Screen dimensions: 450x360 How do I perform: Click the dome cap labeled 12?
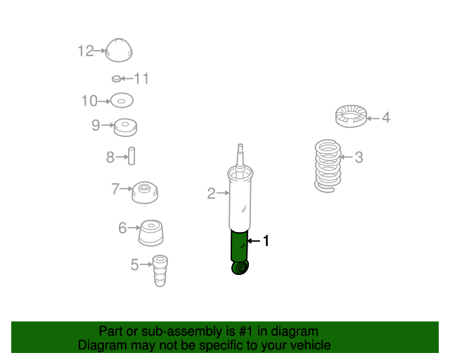tap(119, 50)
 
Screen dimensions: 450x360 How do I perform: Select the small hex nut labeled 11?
tap(116, 79)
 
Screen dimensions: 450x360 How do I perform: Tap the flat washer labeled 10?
tap(122, 101)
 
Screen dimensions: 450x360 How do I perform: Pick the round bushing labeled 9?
tap(125, 127)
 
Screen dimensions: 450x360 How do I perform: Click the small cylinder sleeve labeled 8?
tap(131, 156)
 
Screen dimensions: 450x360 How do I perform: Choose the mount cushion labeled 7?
tap(145, 193)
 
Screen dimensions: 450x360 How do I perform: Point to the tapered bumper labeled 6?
tap(151, 233)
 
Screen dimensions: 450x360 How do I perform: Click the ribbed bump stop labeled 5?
tap(160, 271)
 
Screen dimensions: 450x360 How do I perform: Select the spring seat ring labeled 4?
tap(352, 116)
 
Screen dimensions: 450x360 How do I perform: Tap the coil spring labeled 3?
tap(328, 166)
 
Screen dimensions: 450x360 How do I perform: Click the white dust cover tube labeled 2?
tap(240, 201)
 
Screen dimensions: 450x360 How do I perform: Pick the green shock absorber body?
tap(239, 245)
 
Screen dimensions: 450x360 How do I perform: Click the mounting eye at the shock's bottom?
tap(240, 268)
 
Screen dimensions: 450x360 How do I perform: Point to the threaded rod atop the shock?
tap(240, 155)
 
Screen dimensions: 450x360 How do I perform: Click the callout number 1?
tap(266, 241)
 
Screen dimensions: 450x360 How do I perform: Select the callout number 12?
tap(86, 51)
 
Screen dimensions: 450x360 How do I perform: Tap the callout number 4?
tap(386, 117)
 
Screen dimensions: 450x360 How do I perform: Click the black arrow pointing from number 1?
tap(253, 241)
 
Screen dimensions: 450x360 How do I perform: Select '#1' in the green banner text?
tap(245, 331)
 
